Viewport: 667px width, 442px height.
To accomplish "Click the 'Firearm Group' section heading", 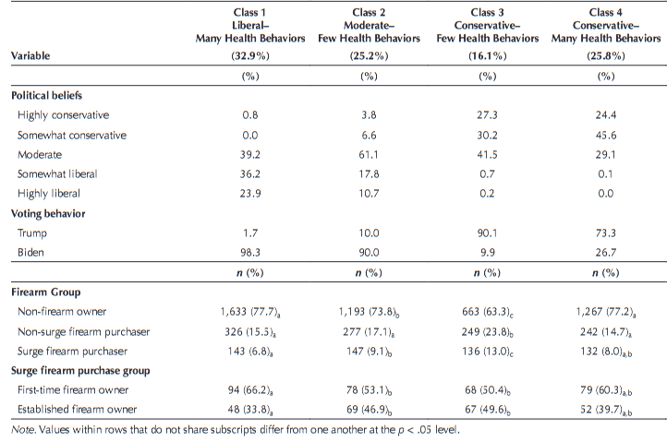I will click(x=43, y=292).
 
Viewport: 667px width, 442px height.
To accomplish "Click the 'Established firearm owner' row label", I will click(x=76, y=409).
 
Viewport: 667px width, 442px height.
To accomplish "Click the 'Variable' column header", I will click(x=30, y=56).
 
